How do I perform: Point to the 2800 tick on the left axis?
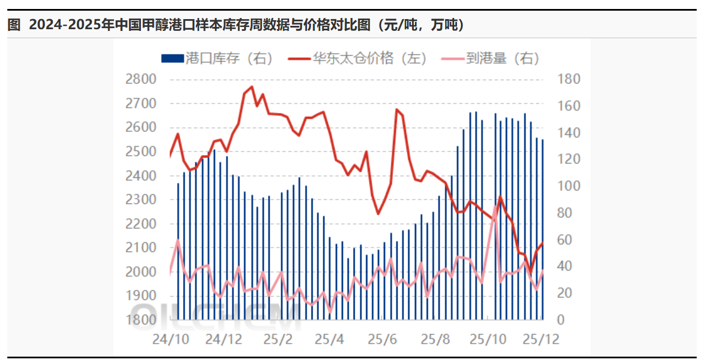tap(141, 79)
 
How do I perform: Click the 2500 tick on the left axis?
tap(141, 152)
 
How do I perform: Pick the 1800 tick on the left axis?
tap(141, 320)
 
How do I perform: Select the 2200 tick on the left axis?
tap(141, 224)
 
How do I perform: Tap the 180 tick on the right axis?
tap(569, 79)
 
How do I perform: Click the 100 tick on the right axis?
tap(569, 186)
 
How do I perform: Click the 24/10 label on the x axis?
tap(171, 340)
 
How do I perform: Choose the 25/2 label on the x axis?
tap(278, 340)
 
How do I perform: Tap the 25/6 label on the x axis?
tap(382, 340)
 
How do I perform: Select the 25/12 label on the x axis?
tap(540, 340)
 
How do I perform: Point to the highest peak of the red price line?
tap(252, 87)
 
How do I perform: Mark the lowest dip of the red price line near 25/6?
tap(378, 214)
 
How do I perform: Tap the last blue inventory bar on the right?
tap(542, 229)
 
